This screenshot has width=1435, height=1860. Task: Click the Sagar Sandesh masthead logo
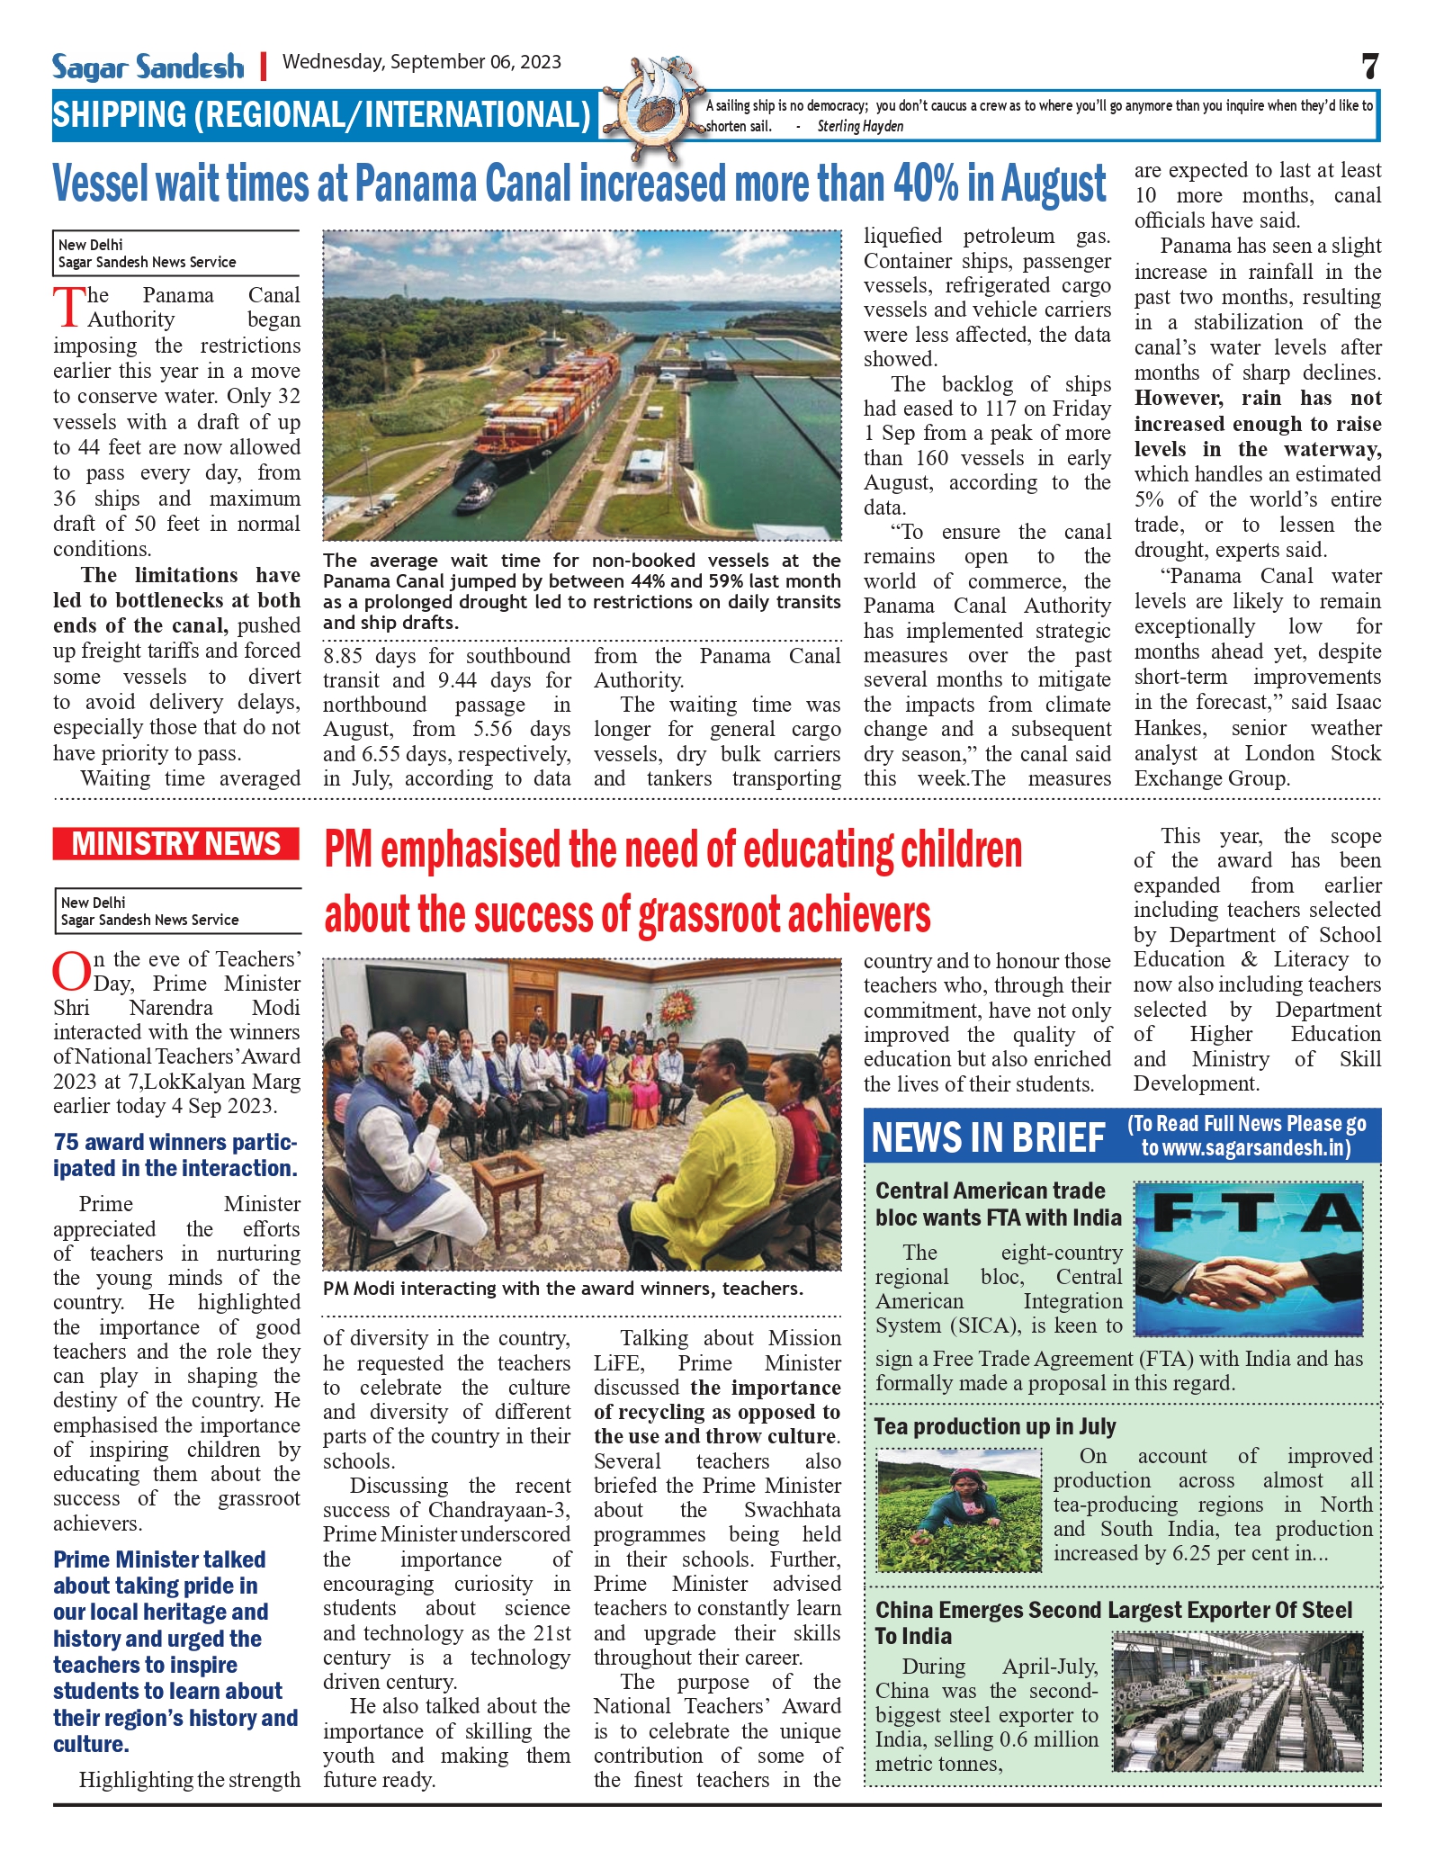pyautogui.click(x=148, y=67)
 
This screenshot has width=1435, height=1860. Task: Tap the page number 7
pyautogui.click(x=1369, y=67)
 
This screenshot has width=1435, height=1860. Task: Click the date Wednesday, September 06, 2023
pyautogui.click(x=422, y=62)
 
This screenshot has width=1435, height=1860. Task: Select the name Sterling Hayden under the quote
pyautogui.click(x=860, y=127)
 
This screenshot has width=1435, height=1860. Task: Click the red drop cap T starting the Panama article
pyautogui.click(x=68, y=306)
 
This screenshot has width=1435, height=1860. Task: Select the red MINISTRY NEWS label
pyautogui.click(x=176, y=844)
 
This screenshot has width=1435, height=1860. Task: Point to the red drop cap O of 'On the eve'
pyautogui.click(x=70, y=972)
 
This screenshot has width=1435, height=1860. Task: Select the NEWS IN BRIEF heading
pyautogui.click(x=988, y=1137)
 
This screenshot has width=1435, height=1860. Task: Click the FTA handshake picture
pyautogui.click(x=1249, y=1259)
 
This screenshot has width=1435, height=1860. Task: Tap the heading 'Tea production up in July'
pyautogui.click(x=995, y=1427)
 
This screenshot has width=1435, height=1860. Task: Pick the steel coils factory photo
pyautogui.click(x=1237, y=1703)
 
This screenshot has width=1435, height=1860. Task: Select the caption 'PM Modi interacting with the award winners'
pyautogui.click(x=562, y=1289)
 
